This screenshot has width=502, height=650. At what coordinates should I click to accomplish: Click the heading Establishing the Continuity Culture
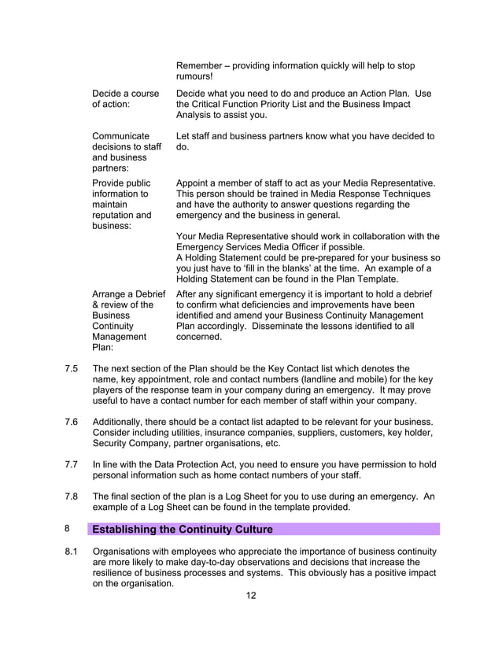(x=183, y=529)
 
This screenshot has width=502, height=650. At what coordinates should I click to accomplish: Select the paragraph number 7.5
(x=71, y=367)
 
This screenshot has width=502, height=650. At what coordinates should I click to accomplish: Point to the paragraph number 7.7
(x=71, y=465)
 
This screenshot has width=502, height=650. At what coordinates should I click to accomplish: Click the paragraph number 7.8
(x=71, y=497)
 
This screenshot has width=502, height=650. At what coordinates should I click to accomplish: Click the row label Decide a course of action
(x=125, y=98)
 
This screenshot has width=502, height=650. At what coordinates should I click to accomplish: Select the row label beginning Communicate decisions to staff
(x=126, y=152)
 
